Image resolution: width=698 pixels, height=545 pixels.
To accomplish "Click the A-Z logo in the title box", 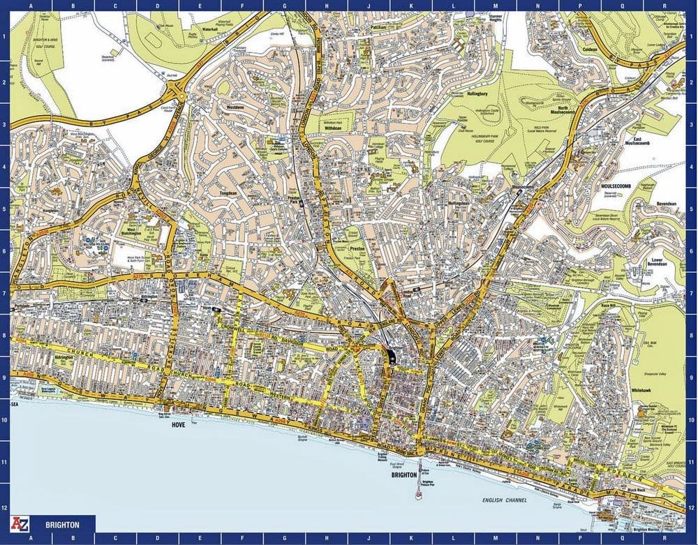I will point(19,523).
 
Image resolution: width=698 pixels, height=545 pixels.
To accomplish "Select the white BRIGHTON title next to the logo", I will point(61,524).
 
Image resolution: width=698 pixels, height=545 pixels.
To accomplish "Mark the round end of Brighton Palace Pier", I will point(419,496).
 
